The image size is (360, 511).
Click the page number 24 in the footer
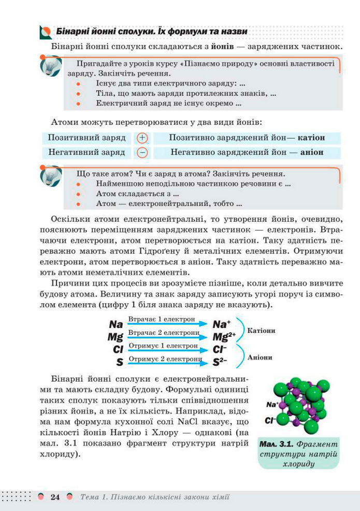[55, 497]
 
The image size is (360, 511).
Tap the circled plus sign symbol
[142, 138]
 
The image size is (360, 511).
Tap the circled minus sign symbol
[142, 153]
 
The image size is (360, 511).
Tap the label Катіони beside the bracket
[261, 330]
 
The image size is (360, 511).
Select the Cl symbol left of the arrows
[117, 349]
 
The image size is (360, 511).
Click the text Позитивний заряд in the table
[87, 138]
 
